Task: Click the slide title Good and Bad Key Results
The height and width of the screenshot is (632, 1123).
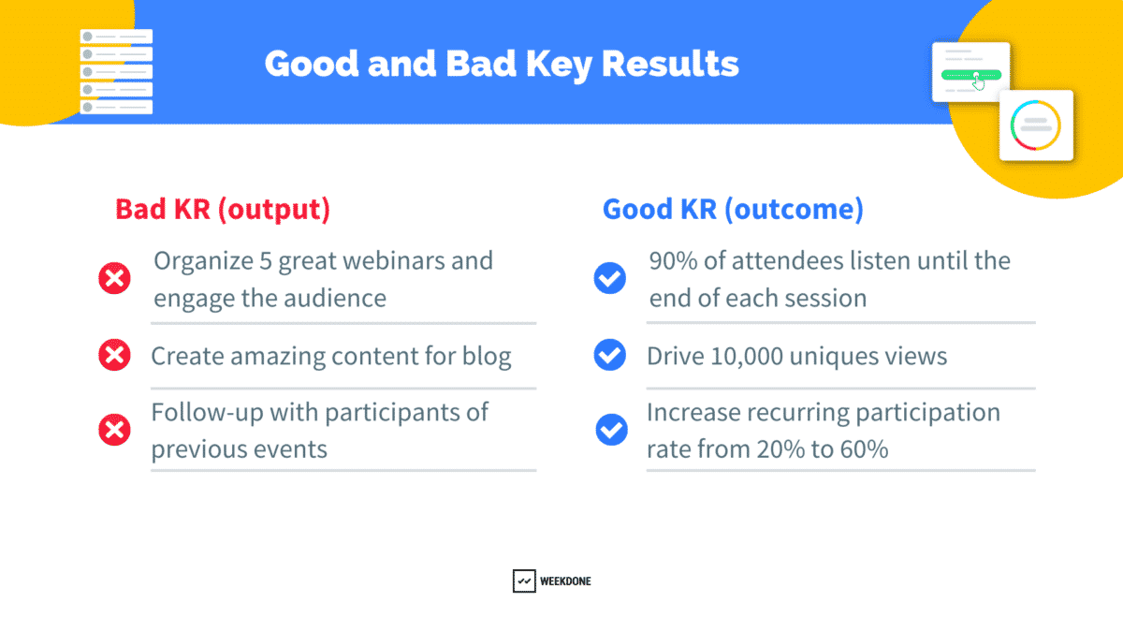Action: point(501,64)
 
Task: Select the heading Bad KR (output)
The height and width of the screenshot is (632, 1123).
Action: point(223,209)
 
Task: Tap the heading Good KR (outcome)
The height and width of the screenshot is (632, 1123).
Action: point(733,209)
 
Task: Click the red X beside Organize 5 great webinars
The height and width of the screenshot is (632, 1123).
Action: point(114,278)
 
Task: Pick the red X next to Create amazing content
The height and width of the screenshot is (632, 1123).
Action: point(114,355)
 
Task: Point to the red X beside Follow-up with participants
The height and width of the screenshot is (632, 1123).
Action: point(114,430)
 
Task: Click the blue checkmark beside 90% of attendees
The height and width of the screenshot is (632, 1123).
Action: point(610,278)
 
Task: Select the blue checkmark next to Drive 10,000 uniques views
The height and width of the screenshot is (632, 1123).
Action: point(610,355)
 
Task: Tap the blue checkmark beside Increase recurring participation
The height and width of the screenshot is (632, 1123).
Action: point(611,430)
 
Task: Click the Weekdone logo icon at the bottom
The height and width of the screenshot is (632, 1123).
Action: point(524,581)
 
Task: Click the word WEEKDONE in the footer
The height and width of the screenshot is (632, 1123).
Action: point(565,581)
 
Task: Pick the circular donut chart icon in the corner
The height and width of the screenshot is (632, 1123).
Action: point(1035,125)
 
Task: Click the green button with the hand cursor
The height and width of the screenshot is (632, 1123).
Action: point(971,74)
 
